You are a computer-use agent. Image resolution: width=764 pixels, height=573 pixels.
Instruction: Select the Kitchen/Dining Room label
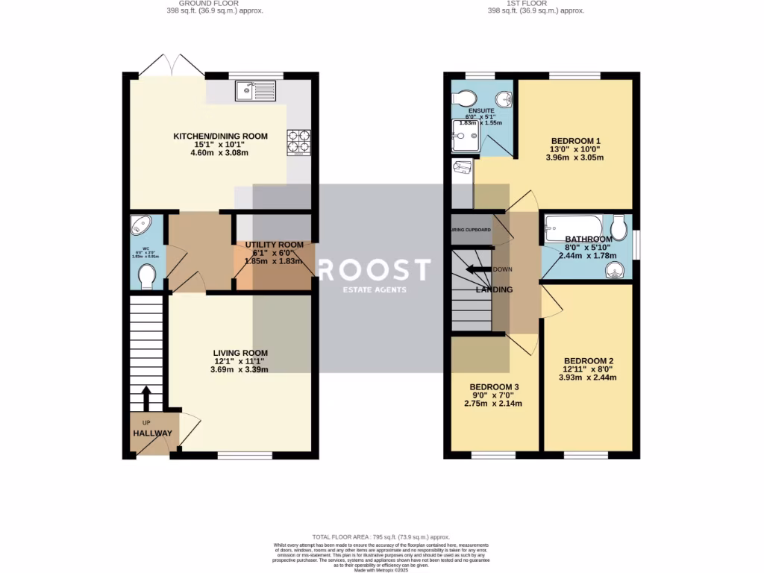point(220,136)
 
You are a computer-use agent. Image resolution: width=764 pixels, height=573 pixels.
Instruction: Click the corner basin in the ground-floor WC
point(140,225)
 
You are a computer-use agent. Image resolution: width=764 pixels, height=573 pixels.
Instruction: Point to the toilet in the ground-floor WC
point(147,278)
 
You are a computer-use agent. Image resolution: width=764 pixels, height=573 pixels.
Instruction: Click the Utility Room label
point(275,245)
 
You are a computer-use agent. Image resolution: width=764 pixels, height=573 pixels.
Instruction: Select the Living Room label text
point(240,353)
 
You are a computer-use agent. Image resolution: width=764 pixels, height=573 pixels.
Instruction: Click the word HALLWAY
point(152,433)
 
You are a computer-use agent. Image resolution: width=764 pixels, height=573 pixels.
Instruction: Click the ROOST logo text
point(374,269)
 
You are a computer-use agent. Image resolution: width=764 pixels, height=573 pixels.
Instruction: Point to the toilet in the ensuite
point(465,98)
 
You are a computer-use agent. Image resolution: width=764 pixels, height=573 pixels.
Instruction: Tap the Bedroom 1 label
point(575,141)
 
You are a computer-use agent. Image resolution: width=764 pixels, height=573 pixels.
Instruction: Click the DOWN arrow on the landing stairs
point(480,269)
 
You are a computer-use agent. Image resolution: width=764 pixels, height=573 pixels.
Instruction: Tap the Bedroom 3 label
point(493,386)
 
